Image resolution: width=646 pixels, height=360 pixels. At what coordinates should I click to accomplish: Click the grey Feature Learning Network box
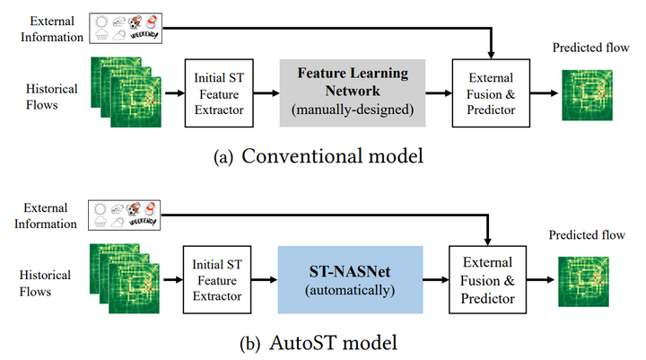click(353, 92)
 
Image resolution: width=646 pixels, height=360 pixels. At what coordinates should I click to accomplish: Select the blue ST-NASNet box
click(350, 279)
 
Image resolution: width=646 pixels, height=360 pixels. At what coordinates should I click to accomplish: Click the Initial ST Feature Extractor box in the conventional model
click(219, 93)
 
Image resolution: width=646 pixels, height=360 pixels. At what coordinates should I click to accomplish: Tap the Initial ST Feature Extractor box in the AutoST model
click(217, 280)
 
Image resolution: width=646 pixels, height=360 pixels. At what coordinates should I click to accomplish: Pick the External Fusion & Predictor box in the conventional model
click(491, 93)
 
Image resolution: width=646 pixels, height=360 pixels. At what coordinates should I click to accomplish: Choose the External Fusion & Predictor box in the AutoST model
click(487, 280)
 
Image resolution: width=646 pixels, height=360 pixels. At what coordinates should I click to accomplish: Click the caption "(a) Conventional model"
click(319, 156)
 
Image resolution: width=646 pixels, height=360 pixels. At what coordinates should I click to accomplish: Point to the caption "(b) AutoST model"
click(319, 343)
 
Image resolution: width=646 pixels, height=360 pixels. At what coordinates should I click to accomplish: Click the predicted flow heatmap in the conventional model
click(587, 95)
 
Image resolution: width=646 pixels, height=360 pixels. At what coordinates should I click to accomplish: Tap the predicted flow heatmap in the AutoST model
click(583, 282)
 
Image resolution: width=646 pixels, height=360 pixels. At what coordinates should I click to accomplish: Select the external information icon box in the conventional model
click(126, 28)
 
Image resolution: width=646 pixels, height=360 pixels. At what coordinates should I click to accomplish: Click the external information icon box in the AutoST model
click(125, 215)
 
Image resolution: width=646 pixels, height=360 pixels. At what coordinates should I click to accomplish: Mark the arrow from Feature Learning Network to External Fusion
click(439, 93)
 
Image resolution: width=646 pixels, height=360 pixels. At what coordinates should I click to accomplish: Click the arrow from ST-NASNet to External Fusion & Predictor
click(436, 280)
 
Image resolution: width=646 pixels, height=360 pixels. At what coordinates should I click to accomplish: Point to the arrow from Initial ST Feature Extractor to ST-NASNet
click(265, 280)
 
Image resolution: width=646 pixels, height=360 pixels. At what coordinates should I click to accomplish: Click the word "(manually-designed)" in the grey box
click(353, 110)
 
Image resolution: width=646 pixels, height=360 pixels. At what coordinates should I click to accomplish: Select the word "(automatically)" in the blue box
click(350, 290)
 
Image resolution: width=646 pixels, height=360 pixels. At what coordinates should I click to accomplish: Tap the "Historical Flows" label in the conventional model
click(51, 97)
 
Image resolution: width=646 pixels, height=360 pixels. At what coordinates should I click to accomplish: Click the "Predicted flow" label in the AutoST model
click(587, 235)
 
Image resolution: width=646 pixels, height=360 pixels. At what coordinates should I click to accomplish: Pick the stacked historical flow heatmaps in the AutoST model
click(125, 279)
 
